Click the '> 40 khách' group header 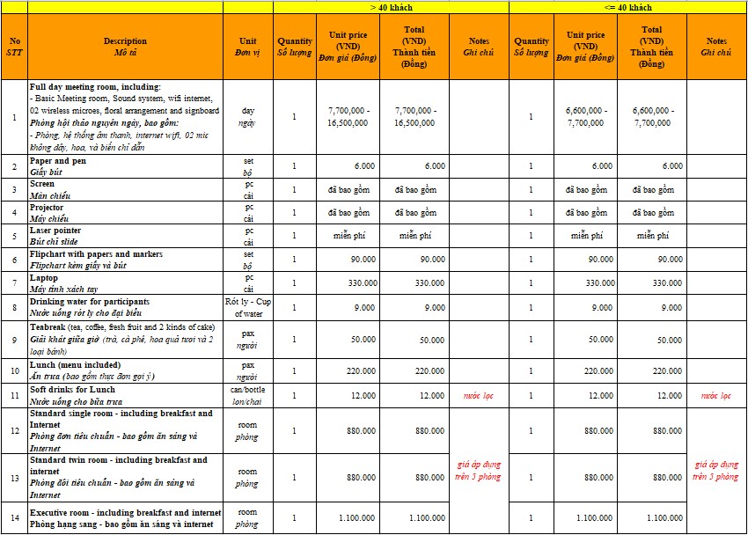pos(390,7)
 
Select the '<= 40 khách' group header pos(627,7)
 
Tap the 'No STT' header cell pos(14,46)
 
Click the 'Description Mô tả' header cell pos(125,46)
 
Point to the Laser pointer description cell pos(125,236)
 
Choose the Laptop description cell pos(125,283)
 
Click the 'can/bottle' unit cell pos(247,394)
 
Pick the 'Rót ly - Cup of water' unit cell pos(247,307)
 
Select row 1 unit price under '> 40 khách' pos(348,117)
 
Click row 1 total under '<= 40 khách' pos(651,117)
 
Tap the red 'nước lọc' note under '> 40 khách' pos(479,396)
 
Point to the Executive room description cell pos(125,518)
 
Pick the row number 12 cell pos(14,431)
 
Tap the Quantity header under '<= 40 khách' pos(532,46)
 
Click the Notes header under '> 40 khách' pos(479,46)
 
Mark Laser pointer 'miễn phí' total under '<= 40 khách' pos(651,236)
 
